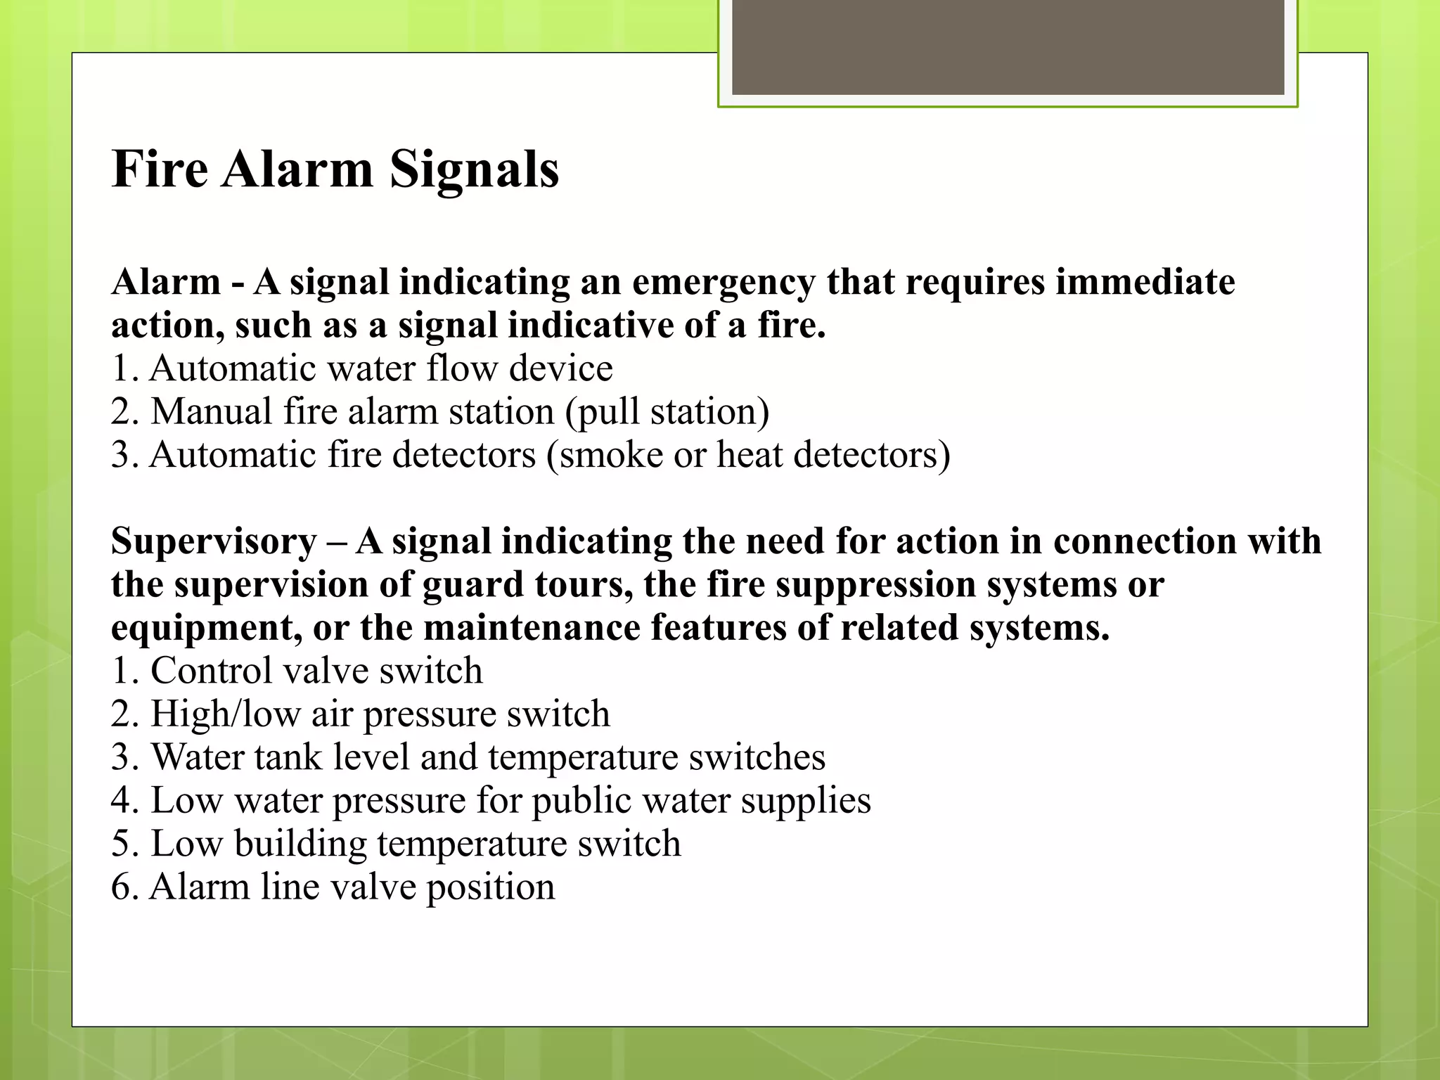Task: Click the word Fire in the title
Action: coord(160,169)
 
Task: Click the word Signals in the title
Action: coord(474,169)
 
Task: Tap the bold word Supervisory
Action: coord(214,542)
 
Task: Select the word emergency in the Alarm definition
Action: coord(724,283)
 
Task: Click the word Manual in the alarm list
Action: coord(211,411)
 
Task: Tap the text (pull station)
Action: coord(667,413)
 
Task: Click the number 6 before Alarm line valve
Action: coord(122,887)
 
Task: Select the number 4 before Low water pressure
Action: coord(122,801)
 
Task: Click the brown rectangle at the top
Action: coord(1008,47)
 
